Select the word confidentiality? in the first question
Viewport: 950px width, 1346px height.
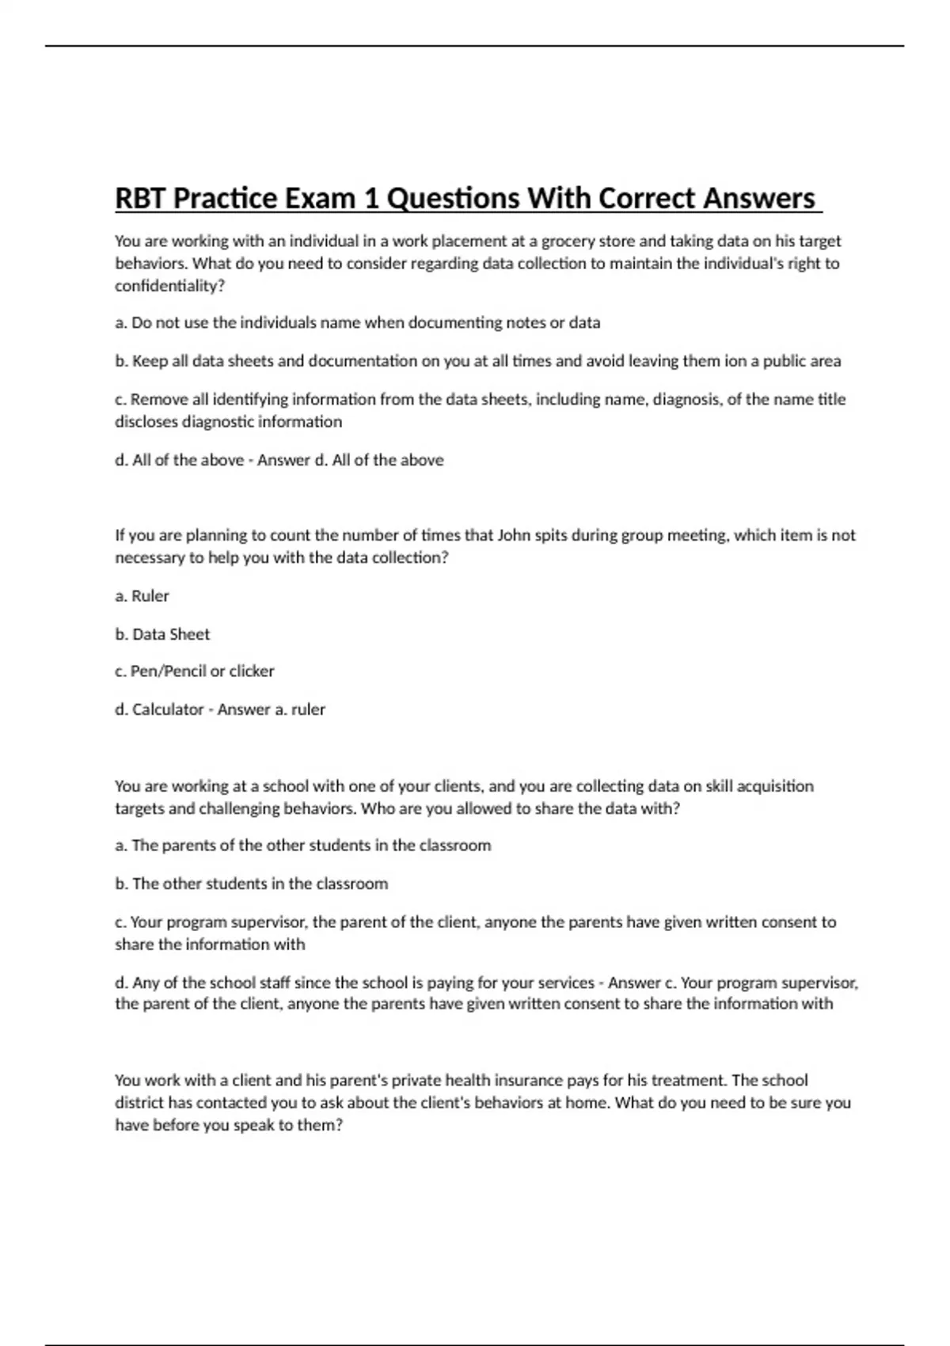click(170, 286)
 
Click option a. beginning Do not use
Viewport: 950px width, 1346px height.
click(358, 323)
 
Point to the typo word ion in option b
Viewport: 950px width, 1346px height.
click(735, 361)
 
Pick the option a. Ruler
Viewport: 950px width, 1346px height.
click(142, 596)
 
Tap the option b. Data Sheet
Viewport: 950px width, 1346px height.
click(162, 634)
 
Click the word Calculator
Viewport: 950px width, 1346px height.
click(168, 709)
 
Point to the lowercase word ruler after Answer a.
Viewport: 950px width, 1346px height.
click(308, 709)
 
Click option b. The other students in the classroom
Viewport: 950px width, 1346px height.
click(252, 884)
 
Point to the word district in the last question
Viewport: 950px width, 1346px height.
click(139, 1103)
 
